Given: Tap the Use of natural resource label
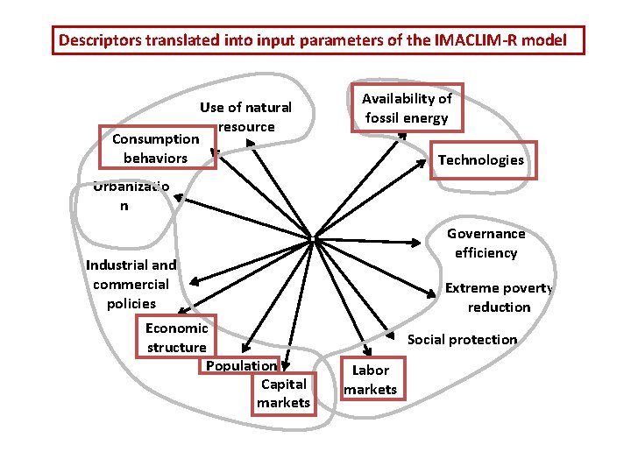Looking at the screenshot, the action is click(245, 116).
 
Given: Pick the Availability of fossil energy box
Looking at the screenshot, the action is click(407, 109).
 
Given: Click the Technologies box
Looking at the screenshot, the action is click(481, 160).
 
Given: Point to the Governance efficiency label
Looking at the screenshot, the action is click(486, 244).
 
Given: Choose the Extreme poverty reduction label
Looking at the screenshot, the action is click(499, 297).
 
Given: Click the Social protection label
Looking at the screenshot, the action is click(463, 339).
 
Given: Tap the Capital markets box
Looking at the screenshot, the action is click(283, 393).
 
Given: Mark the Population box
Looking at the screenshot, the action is click(241, 365).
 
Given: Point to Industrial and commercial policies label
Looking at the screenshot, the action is click(131, 284).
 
